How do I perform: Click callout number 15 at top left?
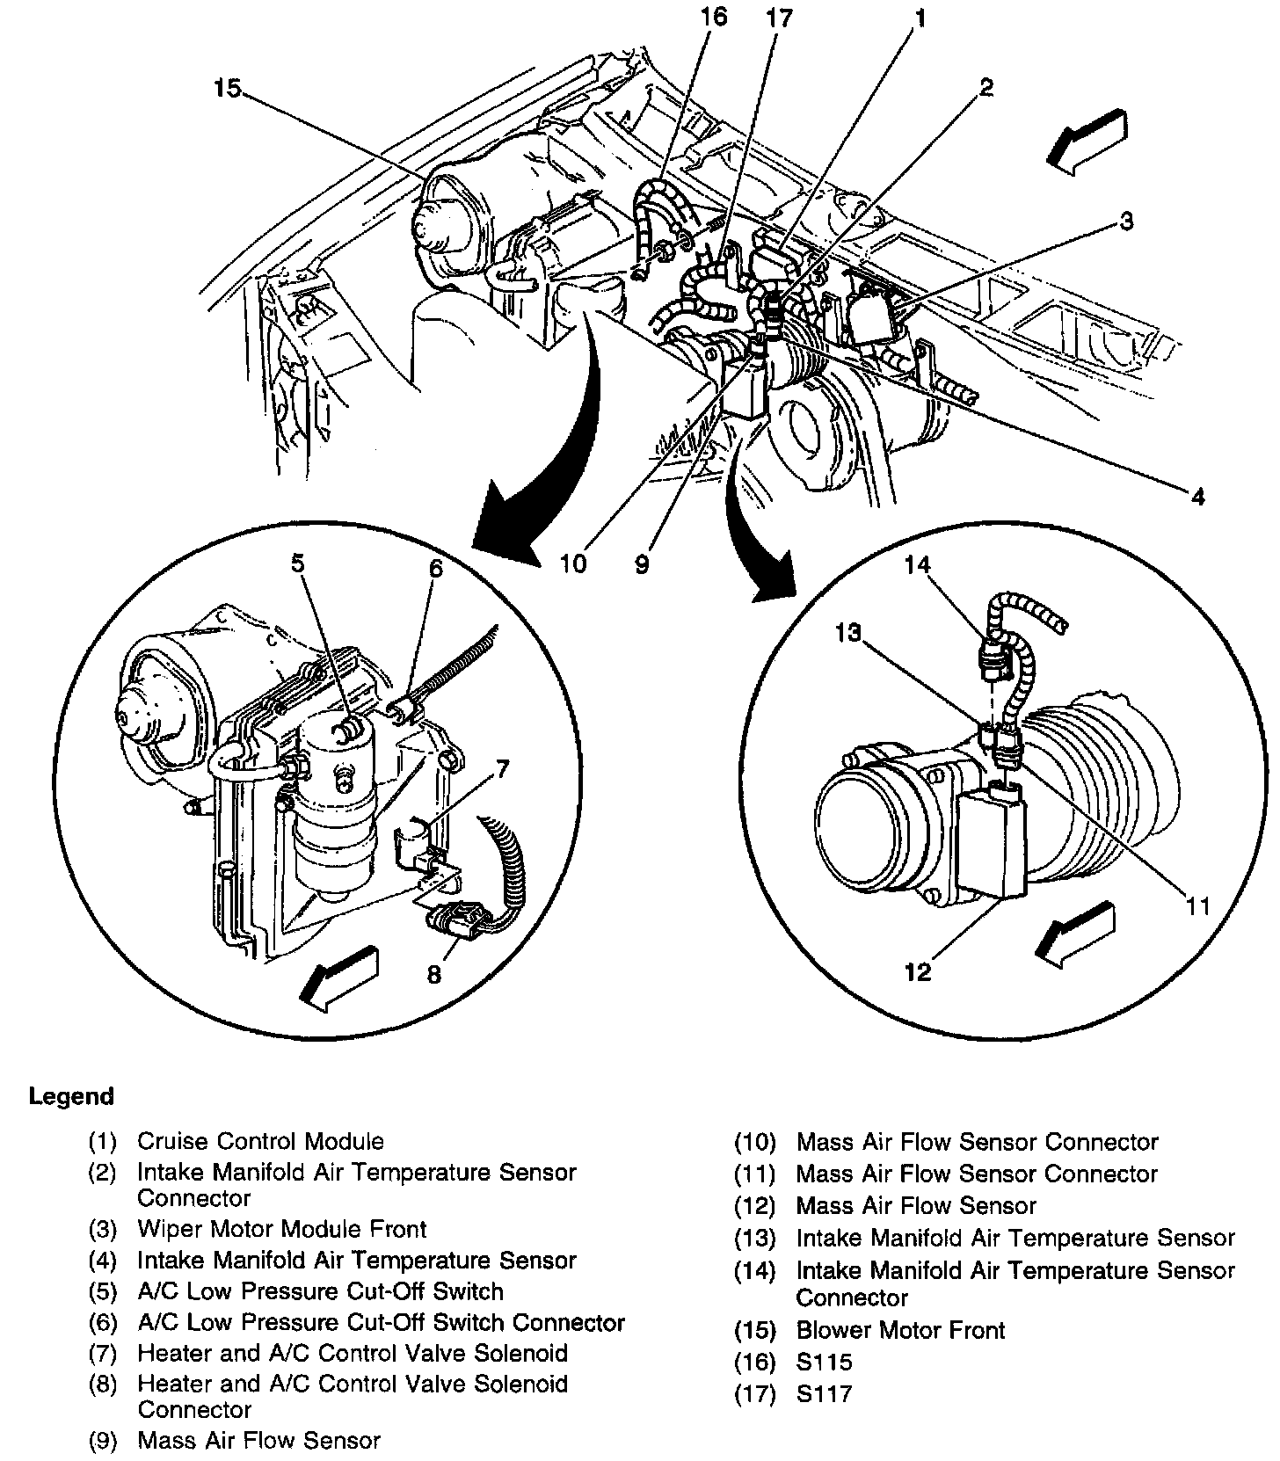tap(226, 90)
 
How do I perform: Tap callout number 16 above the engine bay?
tap(714, 17)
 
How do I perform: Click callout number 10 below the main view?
tap(572, 563)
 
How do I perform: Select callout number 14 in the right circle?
tap(917, 565)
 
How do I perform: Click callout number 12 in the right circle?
tap(917, 972)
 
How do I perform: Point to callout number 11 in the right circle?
tap(1197, 905)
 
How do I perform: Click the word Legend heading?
tap(71, 1097)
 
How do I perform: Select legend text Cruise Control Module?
tap(260, 1142)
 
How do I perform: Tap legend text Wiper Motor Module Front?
tap(281, 1229)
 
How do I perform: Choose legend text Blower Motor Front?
tap(900, 1330)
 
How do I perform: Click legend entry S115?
tap(824, 1362)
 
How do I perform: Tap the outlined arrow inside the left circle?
tap(339, 976)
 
